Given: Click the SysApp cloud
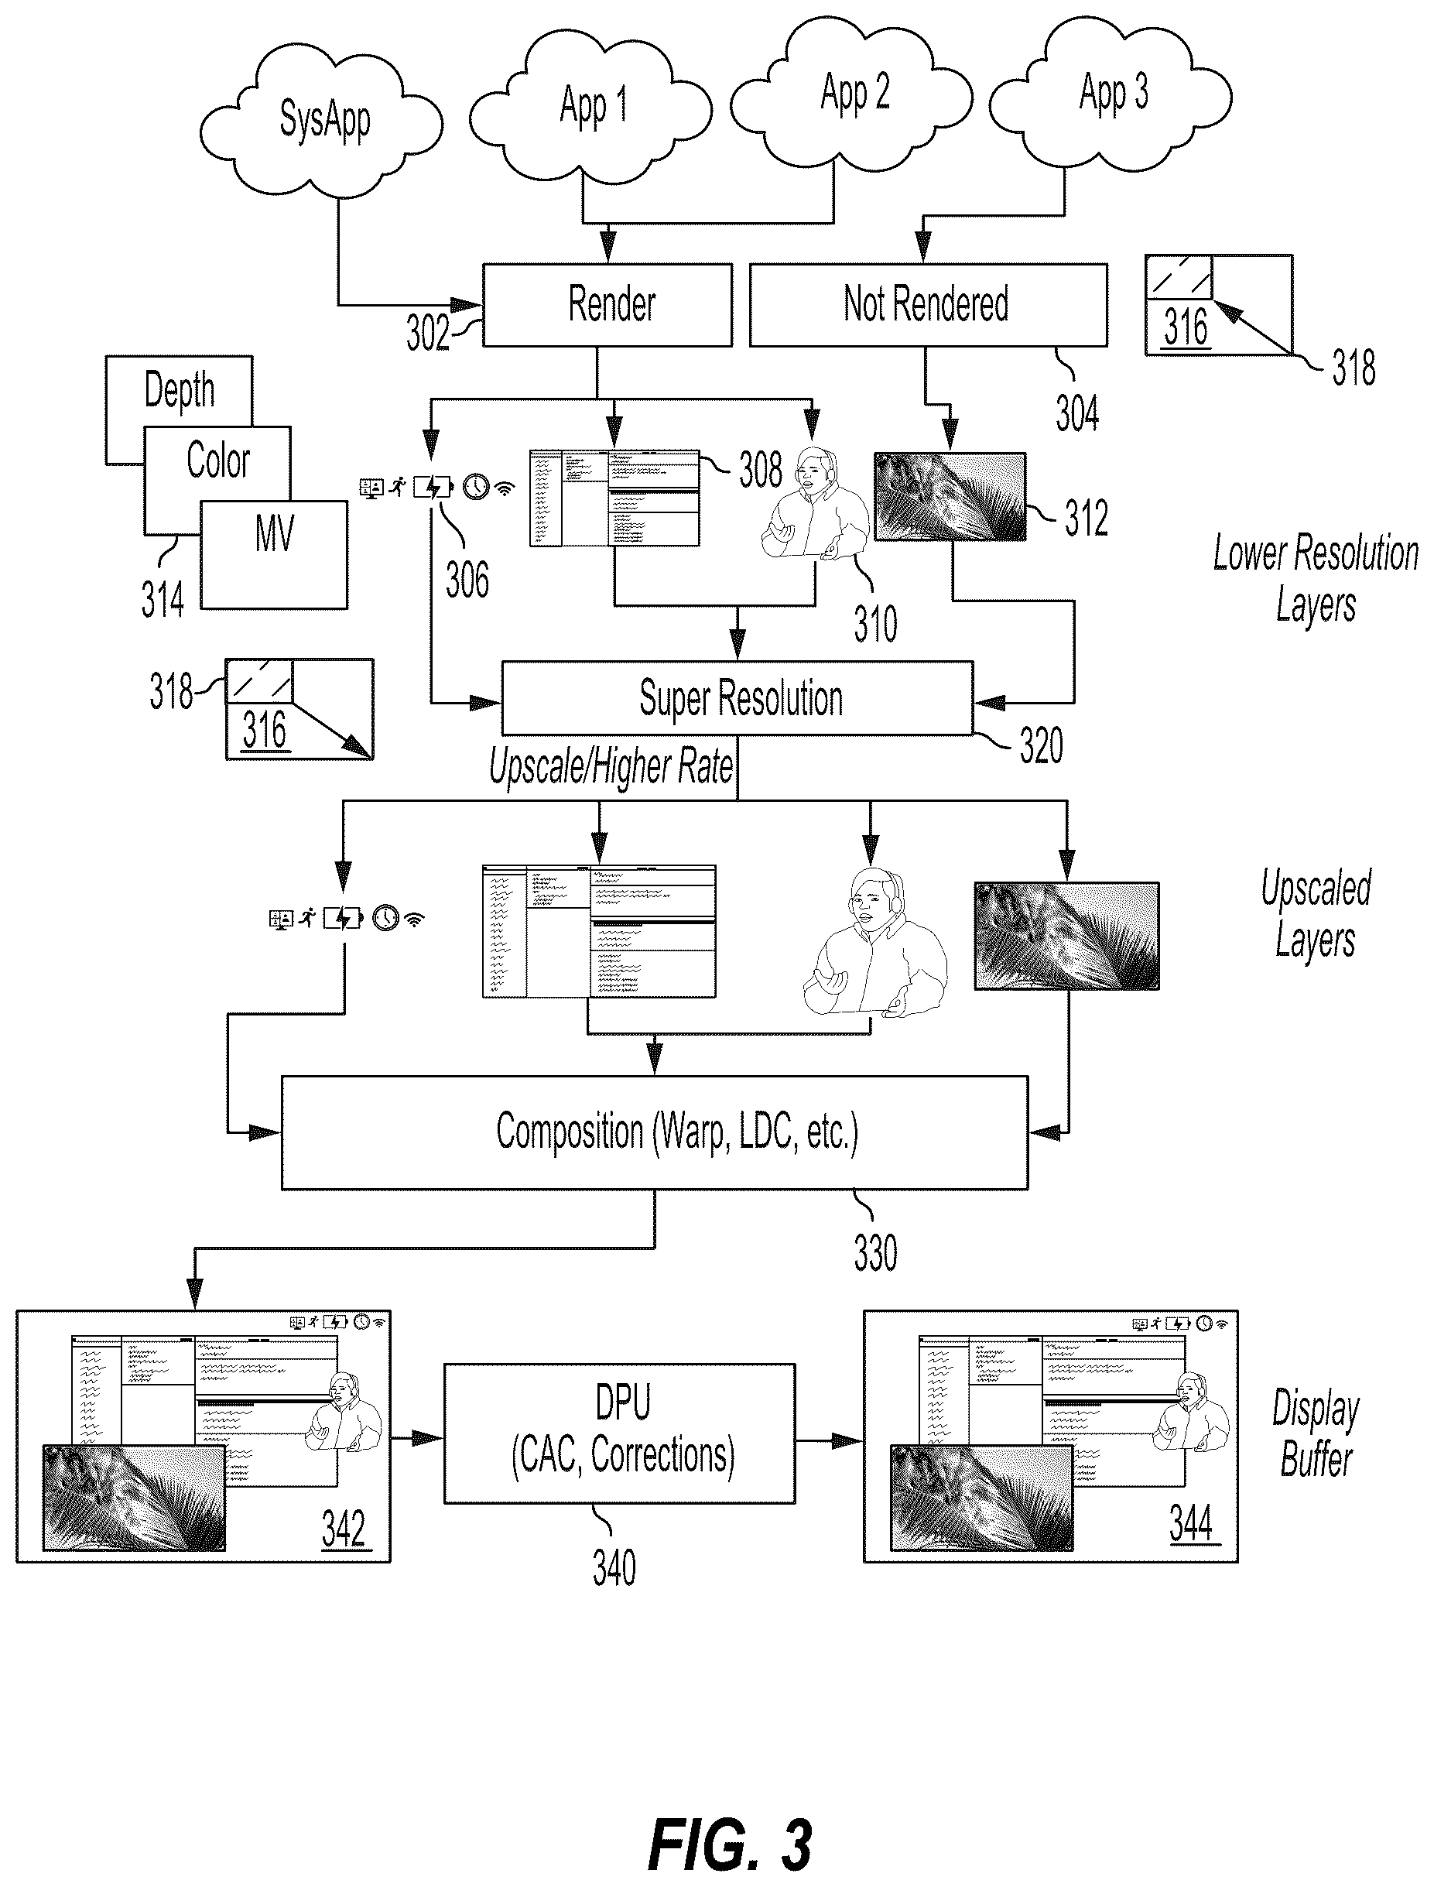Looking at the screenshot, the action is [x=322, y=118].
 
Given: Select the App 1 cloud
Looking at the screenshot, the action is [x=590, y=105].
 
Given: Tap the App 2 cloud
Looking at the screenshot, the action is [x=852, y=92].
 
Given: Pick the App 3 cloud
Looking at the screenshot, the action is [x=1111, y=93].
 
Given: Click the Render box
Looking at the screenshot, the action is [x=607, y=305].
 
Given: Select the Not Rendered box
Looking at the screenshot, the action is [x=929, y=305].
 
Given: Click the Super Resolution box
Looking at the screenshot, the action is [x=738, y=698].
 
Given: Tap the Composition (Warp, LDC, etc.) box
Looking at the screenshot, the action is [x=655, y=1132].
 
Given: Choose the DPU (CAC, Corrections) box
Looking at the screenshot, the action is [x=620, y=1433].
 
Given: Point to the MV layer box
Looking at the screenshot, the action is [x=274, y=554].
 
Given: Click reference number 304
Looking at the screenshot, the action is [x=1077, y=414].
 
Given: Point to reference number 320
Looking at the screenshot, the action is [x=1042, y=745].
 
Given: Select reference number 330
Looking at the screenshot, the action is [x=876, y=1254].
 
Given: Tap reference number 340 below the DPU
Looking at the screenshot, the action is [x=614, y=1569].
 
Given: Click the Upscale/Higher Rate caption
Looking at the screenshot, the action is [x=611, y=766].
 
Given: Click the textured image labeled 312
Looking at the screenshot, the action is [x=950, y=497].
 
